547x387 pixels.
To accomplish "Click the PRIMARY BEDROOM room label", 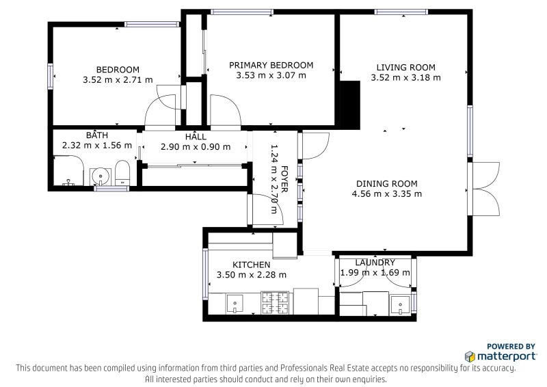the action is pyautogui.click(x=271, y=65).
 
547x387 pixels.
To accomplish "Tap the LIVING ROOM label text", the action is pyautogui.click(x=405, y=68).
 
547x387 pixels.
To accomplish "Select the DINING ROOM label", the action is pyautogui.click(x=386, y=184).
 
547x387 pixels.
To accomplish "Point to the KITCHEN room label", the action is pyautogui.click(x=251, y=265).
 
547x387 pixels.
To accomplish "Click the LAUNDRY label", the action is pyautogui.click(x=375, y=263).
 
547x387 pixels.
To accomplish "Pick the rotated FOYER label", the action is pyautogui.click(x=284, y=179).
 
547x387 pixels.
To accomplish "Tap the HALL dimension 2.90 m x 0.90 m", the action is pyautogui.click(x=196, y=147).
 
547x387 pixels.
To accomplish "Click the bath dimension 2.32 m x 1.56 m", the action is pyautogui.click(x=97, y=145).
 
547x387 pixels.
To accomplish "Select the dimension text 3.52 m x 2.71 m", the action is pyautogui.click(x=118, y=79).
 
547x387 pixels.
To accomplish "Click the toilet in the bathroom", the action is pyautogui.click(x=122, y=173).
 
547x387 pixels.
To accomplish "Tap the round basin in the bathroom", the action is pyautogui.click(x=101, y=176).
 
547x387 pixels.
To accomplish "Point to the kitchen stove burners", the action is pyautogui.click(x=276, y=303).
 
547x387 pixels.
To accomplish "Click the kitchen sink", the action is pyautogui.click(x=235, y=304).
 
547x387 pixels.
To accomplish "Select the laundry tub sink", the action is pyautogui.click(x=400, y=305).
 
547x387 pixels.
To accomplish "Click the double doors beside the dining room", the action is pyautogui.click(x=485, y=189).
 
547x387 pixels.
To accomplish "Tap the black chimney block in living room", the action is pyautogui.click(x=350, y=105).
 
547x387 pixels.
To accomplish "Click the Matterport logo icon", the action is pyautogui.click(x=470, y=356).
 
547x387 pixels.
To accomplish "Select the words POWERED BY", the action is pyautogui.click(x=511, y=347).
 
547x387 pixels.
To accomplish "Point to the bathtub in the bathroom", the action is pyautogui.click(x=69, y=171).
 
